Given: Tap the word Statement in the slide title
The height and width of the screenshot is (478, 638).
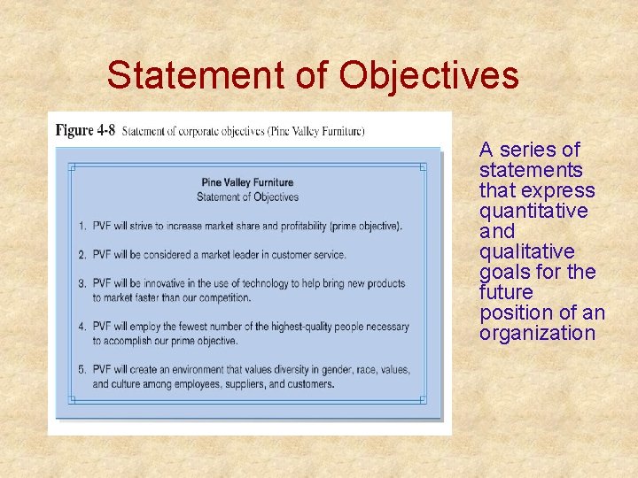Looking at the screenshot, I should (191, 75).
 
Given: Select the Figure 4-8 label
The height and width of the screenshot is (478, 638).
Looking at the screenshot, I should (85, 131).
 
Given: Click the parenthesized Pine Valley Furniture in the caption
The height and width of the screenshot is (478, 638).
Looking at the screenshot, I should (316, 132).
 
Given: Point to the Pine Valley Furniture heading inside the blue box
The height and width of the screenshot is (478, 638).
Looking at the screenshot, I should (247, 183).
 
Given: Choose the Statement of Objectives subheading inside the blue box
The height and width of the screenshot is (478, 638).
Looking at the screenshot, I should (247, 197).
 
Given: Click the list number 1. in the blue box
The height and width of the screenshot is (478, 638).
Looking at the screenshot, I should (82, 226).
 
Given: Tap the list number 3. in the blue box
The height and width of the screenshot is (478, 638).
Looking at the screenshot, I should (82, 284).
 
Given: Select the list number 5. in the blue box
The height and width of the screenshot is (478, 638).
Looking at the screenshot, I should (82, 370).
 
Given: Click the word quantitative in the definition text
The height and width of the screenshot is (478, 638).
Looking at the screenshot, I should (533, 211).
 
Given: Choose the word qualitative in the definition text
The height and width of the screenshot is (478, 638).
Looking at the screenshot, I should (525, 251).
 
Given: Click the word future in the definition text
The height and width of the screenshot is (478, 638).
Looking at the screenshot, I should (505, 292).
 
